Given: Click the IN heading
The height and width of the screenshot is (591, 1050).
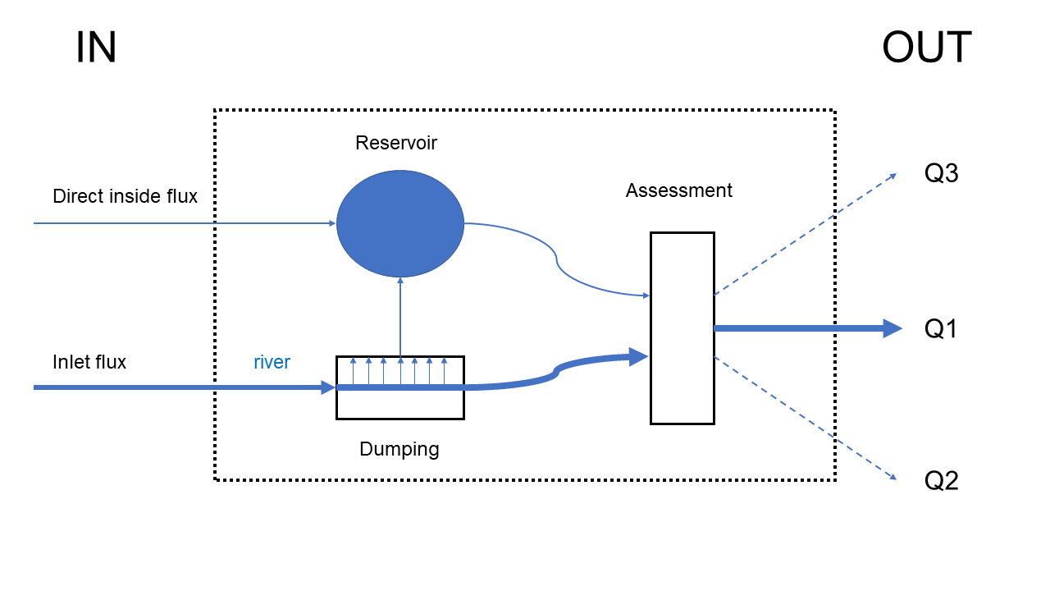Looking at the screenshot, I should (96, 48).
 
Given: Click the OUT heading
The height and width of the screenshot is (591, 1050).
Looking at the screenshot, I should (926, 48).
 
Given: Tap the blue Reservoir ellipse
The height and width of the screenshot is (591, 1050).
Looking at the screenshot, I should (400, 223).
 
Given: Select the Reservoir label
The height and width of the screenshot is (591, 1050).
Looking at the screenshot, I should (396, 143).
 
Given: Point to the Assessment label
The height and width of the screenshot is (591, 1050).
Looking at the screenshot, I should (678, 190).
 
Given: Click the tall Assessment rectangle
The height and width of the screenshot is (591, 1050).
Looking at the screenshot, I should (682, 328).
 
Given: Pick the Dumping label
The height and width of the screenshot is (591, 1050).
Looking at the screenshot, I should (399, 449).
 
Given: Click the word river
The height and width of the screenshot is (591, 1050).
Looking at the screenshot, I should (272, 362).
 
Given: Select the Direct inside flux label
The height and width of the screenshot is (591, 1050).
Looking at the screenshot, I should (125, 196).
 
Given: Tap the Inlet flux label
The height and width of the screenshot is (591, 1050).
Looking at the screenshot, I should (89, 362).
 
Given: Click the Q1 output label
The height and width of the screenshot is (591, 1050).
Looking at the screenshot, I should (942, 329).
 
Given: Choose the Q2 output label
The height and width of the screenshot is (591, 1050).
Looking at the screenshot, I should (942, 481).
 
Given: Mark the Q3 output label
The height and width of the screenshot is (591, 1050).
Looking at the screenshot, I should (942, 174).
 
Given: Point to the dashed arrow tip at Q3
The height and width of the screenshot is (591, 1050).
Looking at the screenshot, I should (894, 176).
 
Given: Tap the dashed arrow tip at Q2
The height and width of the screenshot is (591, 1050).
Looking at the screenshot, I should (894, 477).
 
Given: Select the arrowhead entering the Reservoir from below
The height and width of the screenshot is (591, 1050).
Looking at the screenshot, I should (400, 280).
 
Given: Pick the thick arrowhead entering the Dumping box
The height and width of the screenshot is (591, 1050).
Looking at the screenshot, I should (328, 387).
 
